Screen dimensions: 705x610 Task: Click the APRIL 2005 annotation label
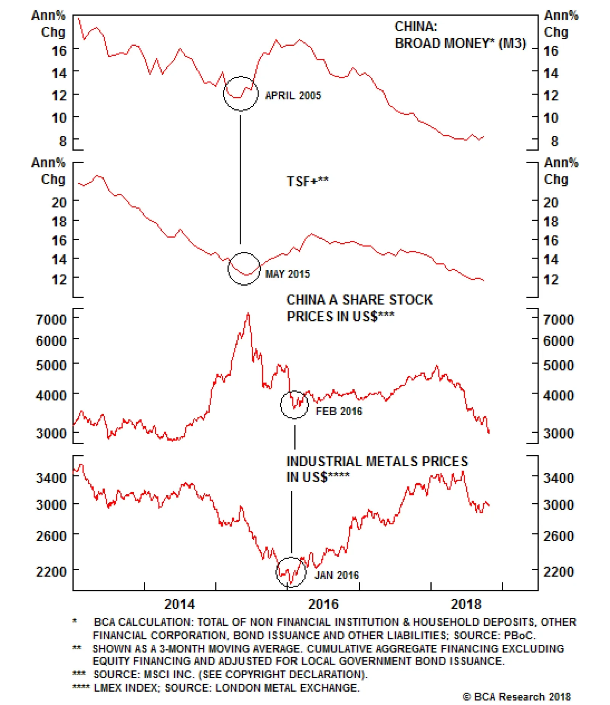[293, 95]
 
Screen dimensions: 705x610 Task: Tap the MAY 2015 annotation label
[287, 274]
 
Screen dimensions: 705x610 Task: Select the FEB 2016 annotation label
[339, 411]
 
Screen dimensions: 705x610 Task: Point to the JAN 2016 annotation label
[336, 575]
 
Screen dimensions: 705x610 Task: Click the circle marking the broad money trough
[241, 93]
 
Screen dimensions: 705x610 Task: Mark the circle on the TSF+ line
[244, 268]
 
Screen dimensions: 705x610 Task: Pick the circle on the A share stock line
[294, 405]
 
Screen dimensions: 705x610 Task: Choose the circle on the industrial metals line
[291, 572]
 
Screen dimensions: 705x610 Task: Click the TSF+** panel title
[307, 181]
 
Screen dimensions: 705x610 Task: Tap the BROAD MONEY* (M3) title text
[460, 43]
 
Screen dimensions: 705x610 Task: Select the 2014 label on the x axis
[179, 604]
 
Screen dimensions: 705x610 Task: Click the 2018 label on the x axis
[466, 604]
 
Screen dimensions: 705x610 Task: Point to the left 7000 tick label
[51, 320]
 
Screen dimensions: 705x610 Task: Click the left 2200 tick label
[51, 572]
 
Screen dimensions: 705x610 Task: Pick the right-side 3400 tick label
[558, 478]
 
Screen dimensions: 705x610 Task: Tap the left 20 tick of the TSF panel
[59, 202]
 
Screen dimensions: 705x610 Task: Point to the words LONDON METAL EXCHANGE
[287, 687]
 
